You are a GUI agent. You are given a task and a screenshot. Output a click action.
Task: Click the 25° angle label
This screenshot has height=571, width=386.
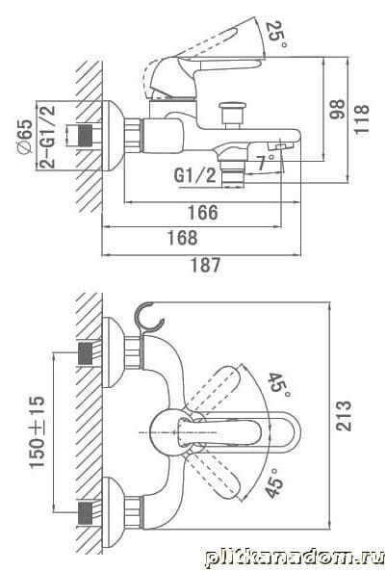coord(276,35)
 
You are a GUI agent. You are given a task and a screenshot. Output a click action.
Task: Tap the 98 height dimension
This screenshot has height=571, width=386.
coord(337,109)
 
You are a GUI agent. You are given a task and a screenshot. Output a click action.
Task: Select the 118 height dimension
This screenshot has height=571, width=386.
coord(362,119)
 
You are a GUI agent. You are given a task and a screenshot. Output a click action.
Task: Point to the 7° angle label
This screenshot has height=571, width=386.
coord(266,162)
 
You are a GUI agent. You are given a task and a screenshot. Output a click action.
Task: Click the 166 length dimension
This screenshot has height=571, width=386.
coord(203,212)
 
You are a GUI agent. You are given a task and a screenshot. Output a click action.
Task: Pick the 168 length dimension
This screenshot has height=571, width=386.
coord(183,238)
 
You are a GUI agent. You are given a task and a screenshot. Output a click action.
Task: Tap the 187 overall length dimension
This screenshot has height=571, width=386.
coord(206,265)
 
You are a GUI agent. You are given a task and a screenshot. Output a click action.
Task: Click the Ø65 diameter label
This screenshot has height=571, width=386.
coord(25,137)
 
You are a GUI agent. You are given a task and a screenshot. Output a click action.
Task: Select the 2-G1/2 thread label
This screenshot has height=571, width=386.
coord(48,136)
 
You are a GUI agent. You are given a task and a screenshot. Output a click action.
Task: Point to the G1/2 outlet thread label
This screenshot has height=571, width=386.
coord(194,175)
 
